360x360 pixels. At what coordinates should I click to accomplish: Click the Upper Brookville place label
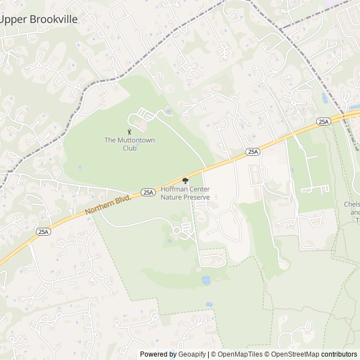[x=39, y=19]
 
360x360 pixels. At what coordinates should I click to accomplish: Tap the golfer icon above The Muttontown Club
[x=129, y=132]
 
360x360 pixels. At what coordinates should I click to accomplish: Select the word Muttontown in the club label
[x=135, y=140]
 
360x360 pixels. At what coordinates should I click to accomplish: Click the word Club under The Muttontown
[x=129, y=147]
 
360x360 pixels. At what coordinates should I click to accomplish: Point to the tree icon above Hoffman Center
[x=185, y=181]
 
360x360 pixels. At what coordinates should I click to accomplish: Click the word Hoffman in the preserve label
[x=174, y=190]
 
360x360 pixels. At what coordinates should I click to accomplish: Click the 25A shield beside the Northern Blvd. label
[x=147, y=192]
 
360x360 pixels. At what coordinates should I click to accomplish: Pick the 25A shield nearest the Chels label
[x=323, y=121]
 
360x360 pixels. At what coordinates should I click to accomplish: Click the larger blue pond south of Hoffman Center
[x=205, y=280]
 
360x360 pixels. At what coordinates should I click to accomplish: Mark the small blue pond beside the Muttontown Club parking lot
[x=167, y=112]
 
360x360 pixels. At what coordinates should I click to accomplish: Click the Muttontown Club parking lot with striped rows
[x=145, y=115]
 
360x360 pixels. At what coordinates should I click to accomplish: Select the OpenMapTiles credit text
[x=237, y=354]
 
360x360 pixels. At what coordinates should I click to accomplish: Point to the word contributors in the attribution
[x=340, y=354]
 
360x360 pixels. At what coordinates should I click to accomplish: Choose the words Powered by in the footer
[x=158, y=354]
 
